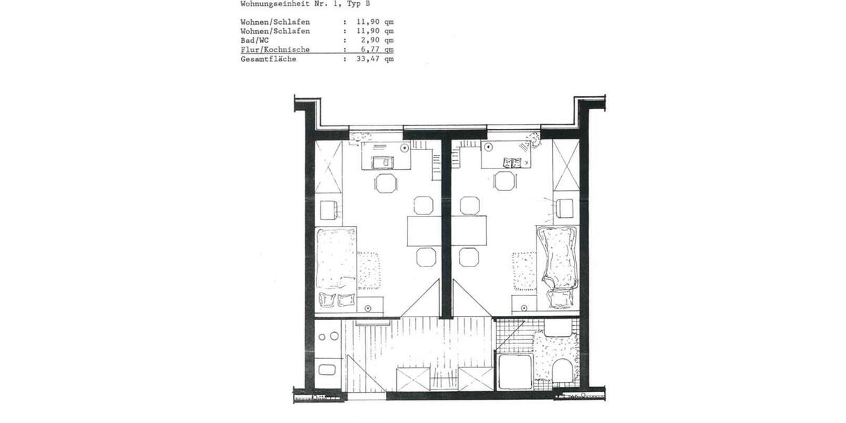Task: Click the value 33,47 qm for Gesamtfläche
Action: pyautogui.click(x=375, y=59)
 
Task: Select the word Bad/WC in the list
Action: pyautogui.click(x=254, y=41)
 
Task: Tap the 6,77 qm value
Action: pyautogui.click(x=375, y=50)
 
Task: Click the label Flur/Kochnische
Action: pyautogui.click(x=274, y=50)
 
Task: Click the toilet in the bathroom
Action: pyautogui.click(x=563, y=369)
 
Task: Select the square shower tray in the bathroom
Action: pyautogui.click(x=515, y=371)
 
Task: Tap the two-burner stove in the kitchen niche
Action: pyautogui.click(x=328, y=336)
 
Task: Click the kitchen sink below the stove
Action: pyautogui.click(x=328, y=369)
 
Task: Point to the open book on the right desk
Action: pyautogui.click(x=511, y=163)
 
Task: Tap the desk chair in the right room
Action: pyautogui.click(x=505, y=182)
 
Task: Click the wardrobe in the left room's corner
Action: pyautogui.click(x=328, y=166)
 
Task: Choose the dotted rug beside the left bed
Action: pyautogui.click(x=369, y=271)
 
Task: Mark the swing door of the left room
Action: pyautogui.click(x=422, y=299)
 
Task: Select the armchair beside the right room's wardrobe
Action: pyautogui.click(x=564, y=209)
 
